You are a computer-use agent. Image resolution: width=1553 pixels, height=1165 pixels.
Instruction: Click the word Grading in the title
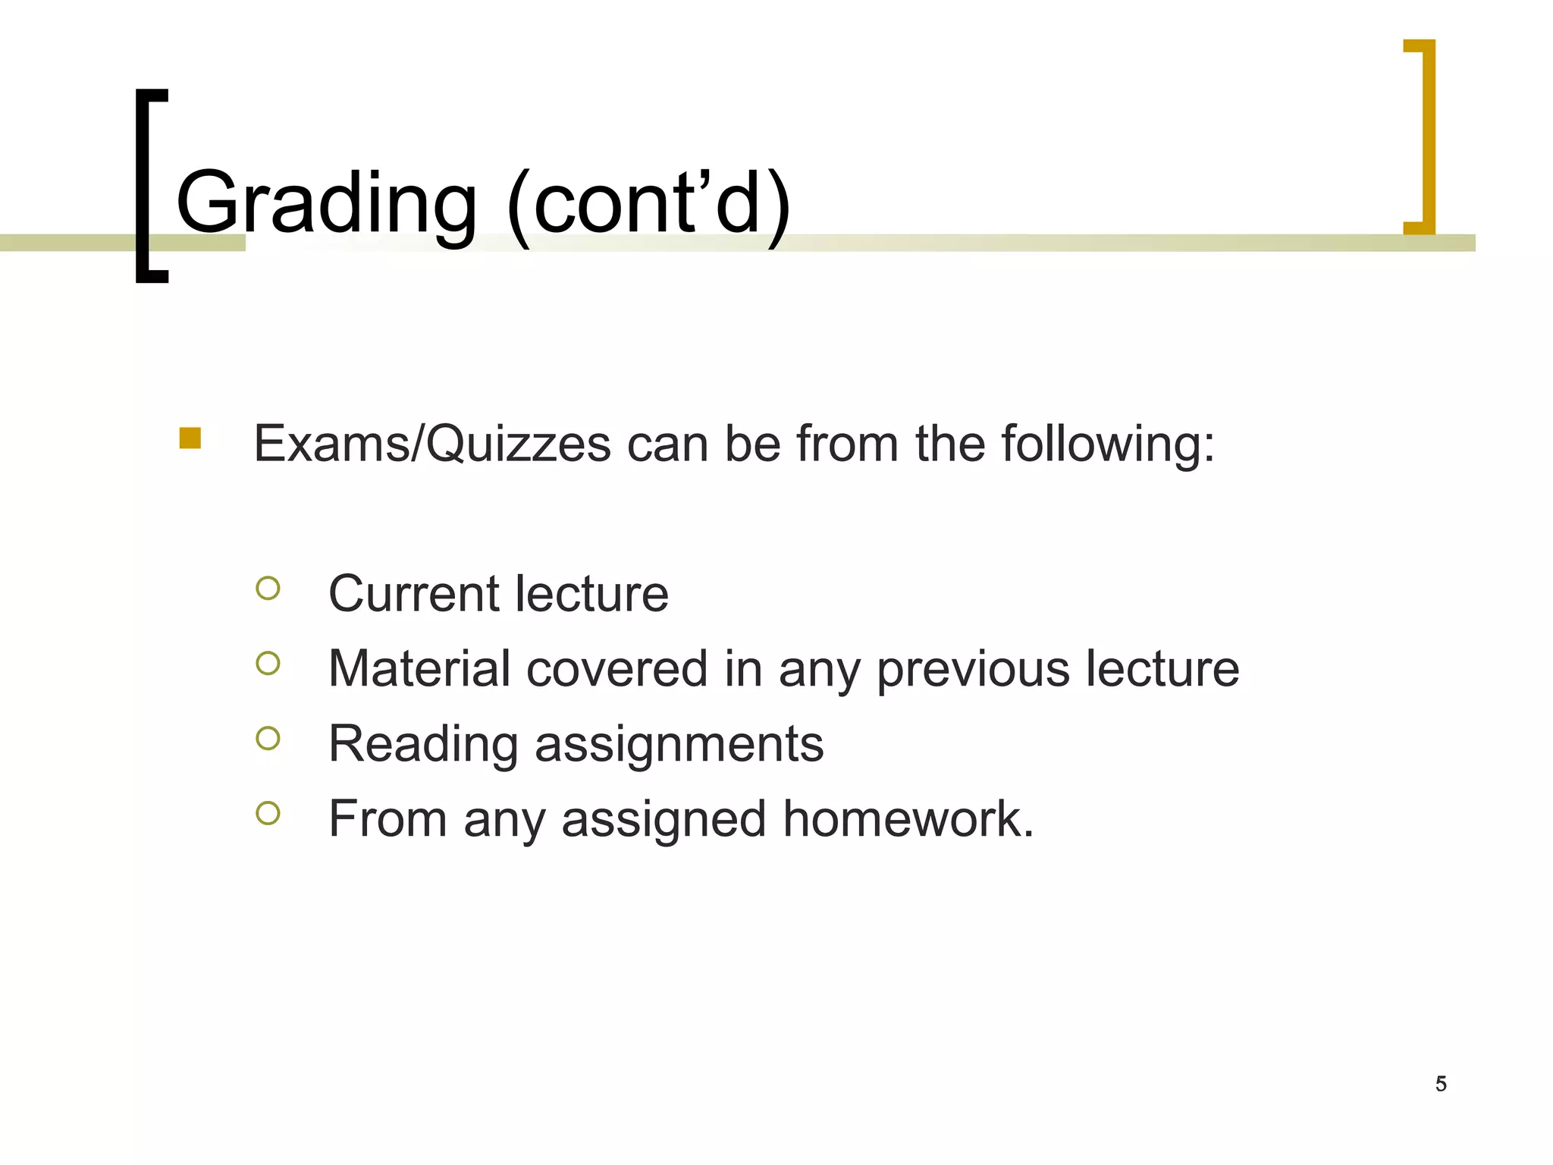click(326, 203)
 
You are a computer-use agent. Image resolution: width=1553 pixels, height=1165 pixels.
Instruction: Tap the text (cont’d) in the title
click(649, 203)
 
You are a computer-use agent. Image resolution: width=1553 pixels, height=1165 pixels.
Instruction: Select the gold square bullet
click(190, 438)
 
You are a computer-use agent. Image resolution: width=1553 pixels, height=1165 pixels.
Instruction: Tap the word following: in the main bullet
click(1108, 444)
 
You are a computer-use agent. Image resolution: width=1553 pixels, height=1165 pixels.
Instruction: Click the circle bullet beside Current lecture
click(268, 589)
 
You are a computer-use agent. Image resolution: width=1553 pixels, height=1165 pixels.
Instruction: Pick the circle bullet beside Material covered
click(268, 664)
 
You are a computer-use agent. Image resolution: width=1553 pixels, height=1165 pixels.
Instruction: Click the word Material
click(419, 669)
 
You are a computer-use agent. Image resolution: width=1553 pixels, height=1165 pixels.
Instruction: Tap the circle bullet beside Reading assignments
click(268, 738)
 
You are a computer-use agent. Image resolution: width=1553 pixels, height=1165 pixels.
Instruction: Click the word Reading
click(422, 745)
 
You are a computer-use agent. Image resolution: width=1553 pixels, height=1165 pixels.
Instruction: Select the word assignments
click(679, 745)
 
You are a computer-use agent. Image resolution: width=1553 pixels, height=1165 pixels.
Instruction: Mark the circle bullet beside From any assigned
click(268, 813)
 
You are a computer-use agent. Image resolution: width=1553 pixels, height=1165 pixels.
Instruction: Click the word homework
click(908, 819)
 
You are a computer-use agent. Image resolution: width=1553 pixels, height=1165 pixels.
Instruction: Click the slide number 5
click(1441, 1084)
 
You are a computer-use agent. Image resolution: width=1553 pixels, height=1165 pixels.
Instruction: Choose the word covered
click(616, 669)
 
